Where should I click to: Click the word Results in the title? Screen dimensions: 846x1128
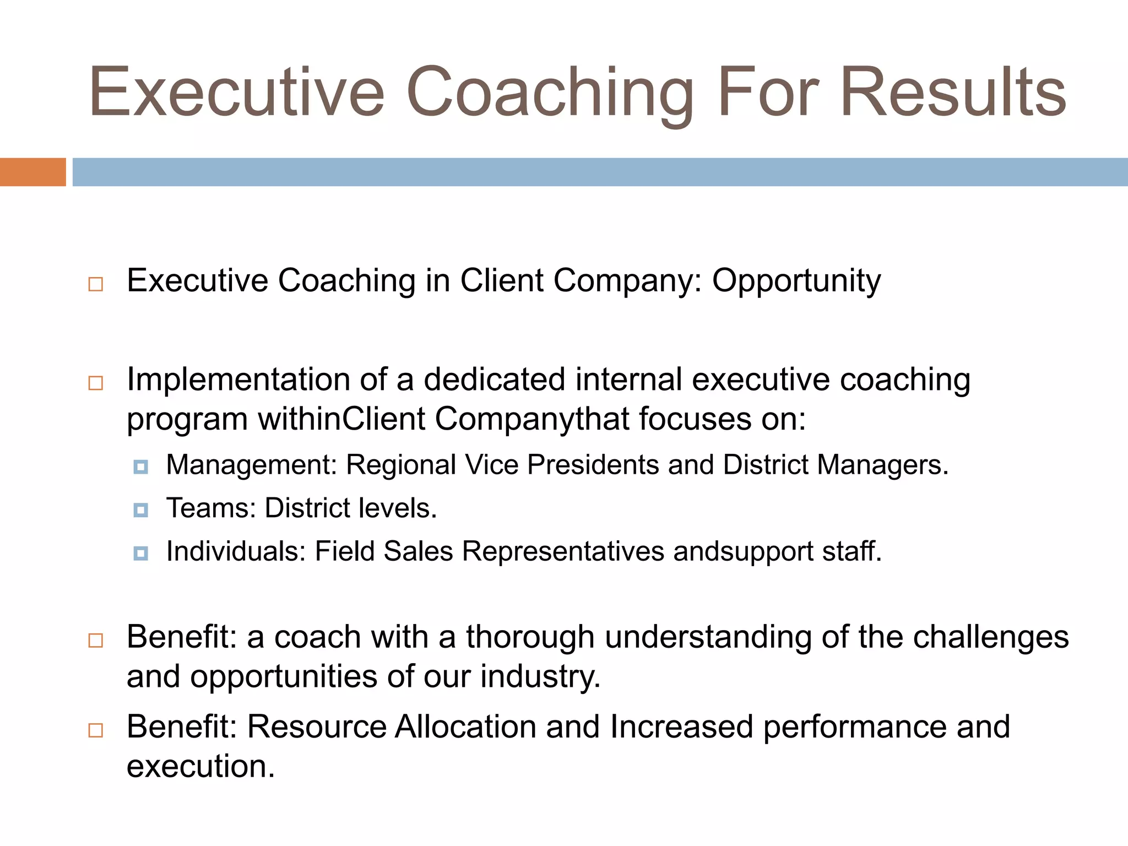click(953, 92)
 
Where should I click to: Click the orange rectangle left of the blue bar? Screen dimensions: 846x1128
click(32, 172)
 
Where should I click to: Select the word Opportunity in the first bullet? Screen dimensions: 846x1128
click(796, 281)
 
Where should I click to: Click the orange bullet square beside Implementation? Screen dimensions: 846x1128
click(96, 383)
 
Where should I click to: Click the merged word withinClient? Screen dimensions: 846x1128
click(341, 419)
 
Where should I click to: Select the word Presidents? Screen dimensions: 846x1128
click(593, 465)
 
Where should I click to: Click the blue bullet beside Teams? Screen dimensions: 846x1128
click(141, 511)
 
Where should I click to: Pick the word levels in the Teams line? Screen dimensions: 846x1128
click(397, 508)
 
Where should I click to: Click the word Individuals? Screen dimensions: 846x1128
click(236, 551)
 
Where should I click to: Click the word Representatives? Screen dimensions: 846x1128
click(563, 551)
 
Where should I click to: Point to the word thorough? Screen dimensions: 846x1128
click(530, 637)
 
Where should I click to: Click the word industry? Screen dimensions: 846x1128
click(540, 677)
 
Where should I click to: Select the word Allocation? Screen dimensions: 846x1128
click(465, 726)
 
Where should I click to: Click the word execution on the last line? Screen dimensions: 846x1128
click(200, 766)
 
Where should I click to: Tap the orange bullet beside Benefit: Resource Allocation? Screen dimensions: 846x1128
click(96, 730)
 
